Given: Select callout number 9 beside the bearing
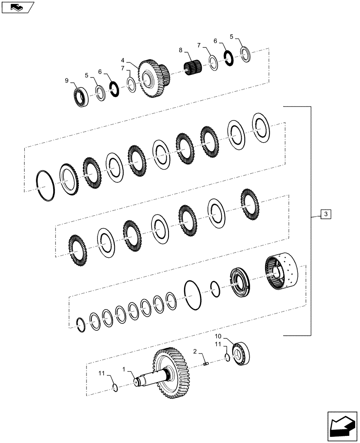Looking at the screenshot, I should coord(67,81).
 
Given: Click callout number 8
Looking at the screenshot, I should coord(180,51).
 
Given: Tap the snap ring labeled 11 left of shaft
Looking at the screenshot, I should coord(115,389).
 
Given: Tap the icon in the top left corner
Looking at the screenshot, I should coord(17,6).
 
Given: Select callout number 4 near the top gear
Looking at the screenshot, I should coord(122,60).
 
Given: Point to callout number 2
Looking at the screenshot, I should coord(195,351).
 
